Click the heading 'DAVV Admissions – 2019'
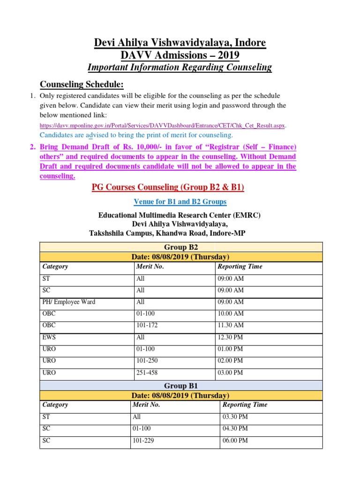click(x=180, y=55)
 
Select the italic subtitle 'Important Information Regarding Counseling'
click(x=180, y=67)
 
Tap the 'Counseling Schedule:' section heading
click(x=82, y=84)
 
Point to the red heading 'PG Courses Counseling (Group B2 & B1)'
click(x=168, y=187)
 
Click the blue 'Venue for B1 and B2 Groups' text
click(x=180, y=202)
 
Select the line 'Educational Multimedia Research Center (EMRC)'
click(x=179, y=215)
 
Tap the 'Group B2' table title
click(x=181, y=247)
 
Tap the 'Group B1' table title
click(x=181, y=385)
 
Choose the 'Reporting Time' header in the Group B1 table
click(x=245, y=405)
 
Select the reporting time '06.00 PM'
click(x=235, y=441)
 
